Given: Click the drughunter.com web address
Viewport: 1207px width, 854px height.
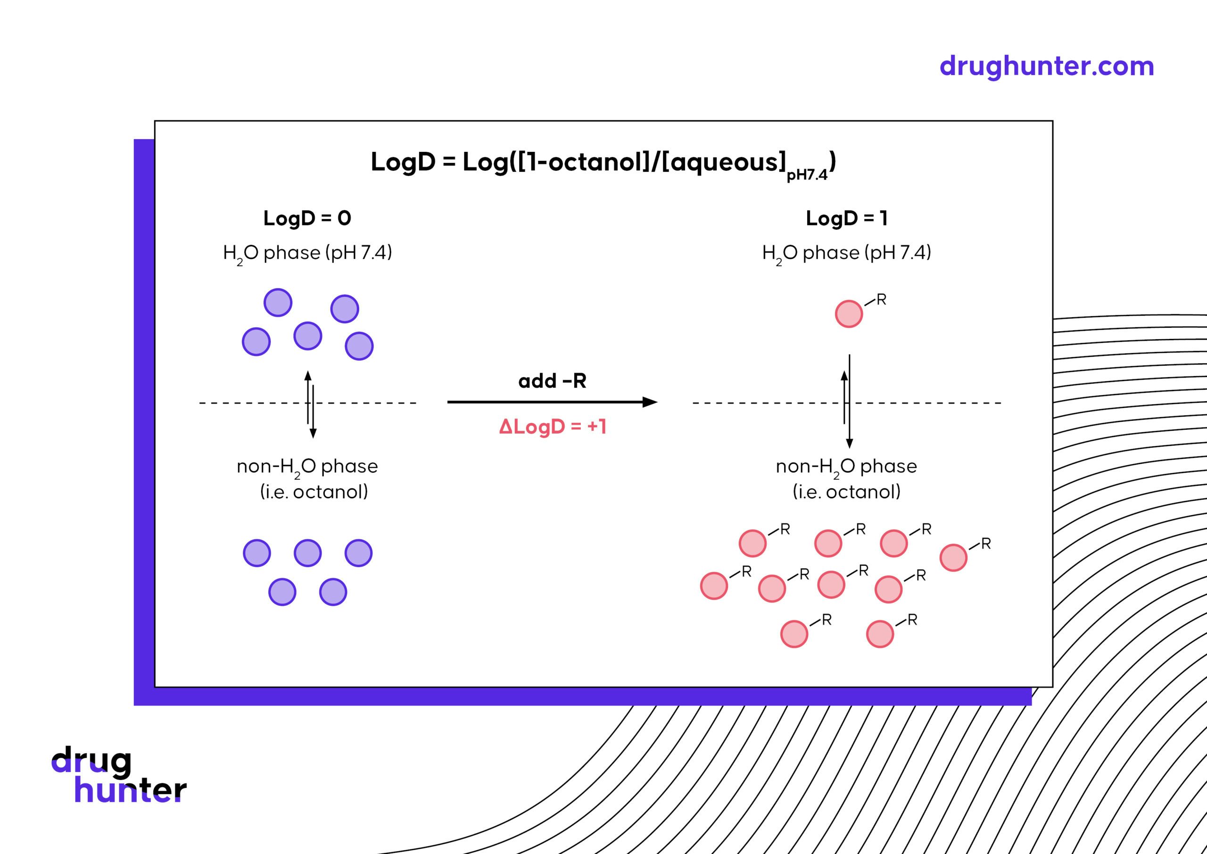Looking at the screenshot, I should [1046, 67].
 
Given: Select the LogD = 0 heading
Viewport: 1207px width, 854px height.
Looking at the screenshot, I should [307, 218].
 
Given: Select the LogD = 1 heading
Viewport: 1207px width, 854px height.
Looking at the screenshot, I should [846, 218].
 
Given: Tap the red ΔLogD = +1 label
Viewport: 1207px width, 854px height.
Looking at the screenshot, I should [553, 426].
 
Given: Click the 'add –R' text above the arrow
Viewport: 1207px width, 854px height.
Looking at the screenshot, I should [552, 380].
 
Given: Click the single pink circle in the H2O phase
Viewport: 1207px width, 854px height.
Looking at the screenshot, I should [849, 314].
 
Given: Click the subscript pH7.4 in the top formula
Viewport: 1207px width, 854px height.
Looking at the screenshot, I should [806, 175].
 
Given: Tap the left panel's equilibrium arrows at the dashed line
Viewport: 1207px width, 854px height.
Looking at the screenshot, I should [311, 404].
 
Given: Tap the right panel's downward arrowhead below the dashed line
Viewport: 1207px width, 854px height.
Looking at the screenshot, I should [850, 444].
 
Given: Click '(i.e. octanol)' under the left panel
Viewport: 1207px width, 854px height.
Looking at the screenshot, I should [314, 492].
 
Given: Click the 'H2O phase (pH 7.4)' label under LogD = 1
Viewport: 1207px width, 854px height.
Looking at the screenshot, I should [846, 253].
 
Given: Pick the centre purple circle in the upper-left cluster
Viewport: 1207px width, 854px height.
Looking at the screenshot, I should [307, 336].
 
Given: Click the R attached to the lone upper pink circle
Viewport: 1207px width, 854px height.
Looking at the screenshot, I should [882, 300].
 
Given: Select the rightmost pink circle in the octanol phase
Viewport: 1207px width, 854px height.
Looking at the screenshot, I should [953, 558].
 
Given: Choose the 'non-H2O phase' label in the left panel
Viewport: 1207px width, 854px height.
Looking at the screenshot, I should [307, 466].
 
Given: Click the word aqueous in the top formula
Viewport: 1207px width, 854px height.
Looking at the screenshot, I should [728, 161].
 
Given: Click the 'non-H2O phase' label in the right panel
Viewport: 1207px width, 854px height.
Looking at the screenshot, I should [846, 466].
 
